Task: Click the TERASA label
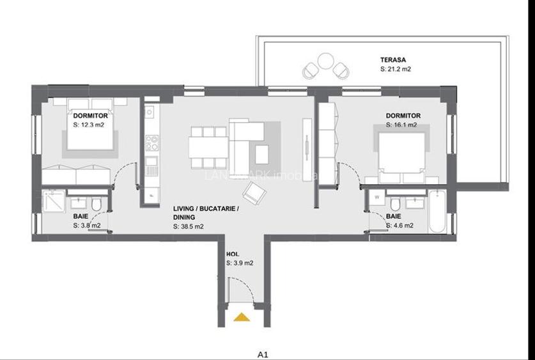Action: coord(391,59)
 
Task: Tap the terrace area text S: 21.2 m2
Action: coord(396,68)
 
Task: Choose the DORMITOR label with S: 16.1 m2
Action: coord(403,116)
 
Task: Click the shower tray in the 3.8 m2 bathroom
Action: coord(52,201)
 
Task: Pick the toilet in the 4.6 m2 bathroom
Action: coord(396,205)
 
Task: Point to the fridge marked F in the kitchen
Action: coord(151,194)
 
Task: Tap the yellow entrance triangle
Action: coord(241,316)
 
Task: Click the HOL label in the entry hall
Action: coord(232,254)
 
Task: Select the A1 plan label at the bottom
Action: coord(262,352)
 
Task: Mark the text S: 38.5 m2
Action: coord(188,226)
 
